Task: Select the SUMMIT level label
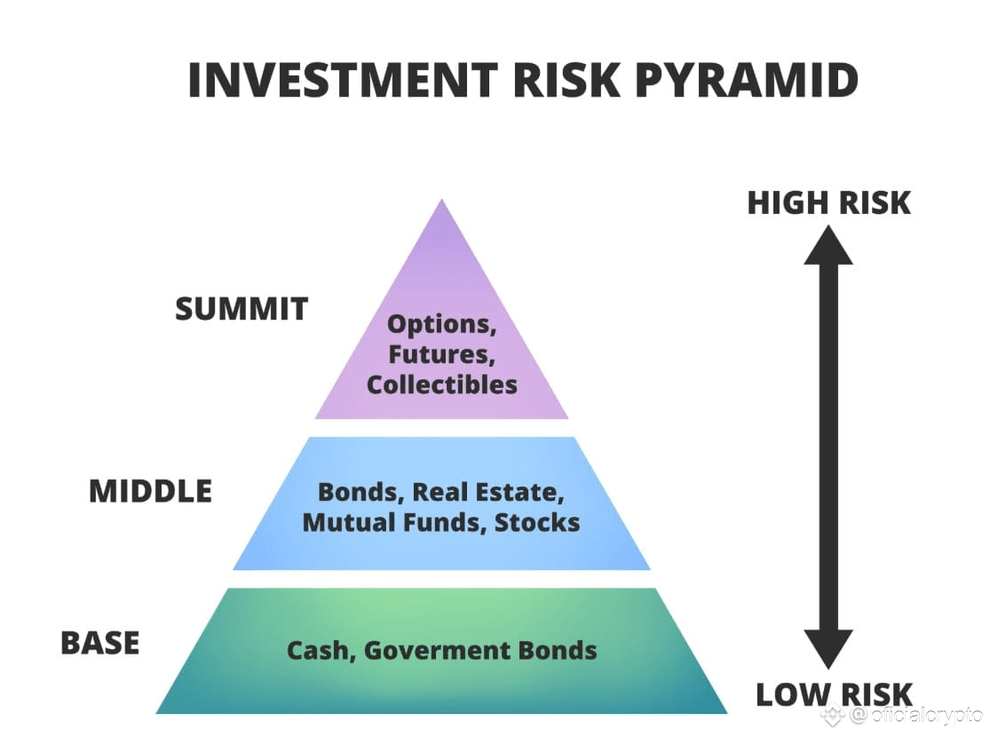(242, 309)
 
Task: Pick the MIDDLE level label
(150, 491)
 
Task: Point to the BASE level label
(99, 643)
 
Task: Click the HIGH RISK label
(828, 202)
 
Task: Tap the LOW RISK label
(834, 693)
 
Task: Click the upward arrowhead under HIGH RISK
(828, 245)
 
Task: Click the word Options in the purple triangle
(442, 325)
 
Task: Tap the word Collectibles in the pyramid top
(442, 384)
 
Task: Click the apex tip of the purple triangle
(441, 203)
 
